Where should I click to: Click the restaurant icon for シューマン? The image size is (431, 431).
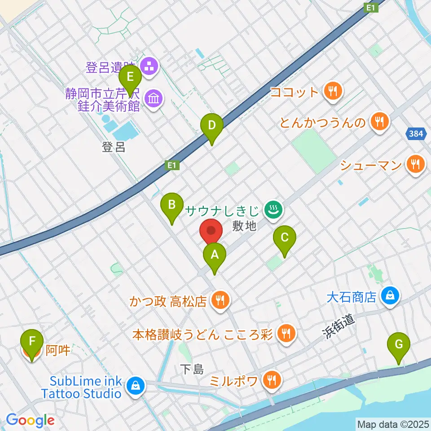click(x=414, y=165)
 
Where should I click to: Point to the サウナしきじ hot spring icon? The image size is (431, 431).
click(x=272, y=209)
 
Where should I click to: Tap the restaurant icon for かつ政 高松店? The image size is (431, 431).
click(x=220, y=300)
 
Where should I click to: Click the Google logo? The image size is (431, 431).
click(x=31, y=420)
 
